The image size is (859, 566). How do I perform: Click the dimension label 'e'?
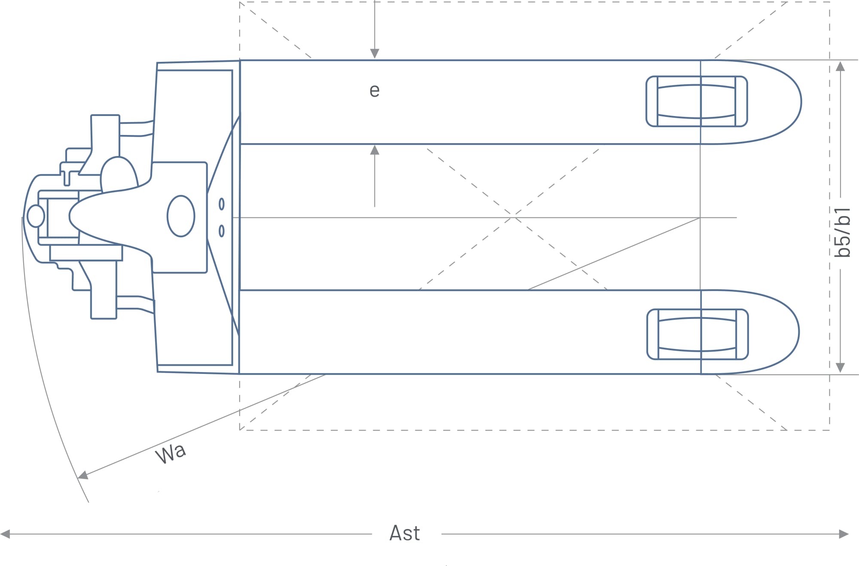point(375,91)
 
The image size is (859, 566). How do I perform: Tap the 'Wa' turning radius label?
point(171,453)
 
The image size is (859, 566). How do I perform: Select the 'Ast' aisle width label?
point(405,533)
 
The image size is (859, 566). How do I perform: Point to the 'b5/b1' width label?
point(842,233)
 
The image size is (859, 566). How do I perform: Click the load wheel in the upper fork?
point(697,101)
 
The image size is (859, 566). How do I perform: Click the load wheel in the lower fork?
point(698,334)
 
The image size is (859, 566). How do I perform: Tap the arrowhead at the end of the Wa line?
point(83,475)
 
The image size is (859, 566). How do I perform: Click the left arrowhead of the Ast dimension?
point(5,534)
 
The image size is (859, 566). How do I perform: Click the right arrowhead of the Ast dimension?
point(844,534)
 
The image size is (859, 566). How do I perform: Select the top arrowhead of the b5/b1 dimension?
point(841,66)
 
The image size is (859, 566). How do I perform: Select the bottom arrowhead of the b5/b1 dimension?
point(841,368)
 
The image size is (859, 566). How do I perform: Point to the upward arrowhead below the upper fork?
point(375,150)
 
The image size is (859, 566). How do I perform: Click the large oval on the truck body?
point(181,216)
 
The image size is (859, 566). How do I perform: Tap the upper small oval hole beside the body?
point(222,204)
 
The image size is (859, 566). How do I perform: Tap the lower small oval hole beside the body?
point(222,231)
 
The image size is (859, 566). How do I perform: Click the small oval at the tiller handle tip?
point(36,216)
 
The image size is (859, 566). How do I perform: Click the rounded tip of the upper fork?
point(795,102)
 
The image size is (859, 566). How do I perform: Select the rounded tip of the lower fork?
point(793,332)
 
